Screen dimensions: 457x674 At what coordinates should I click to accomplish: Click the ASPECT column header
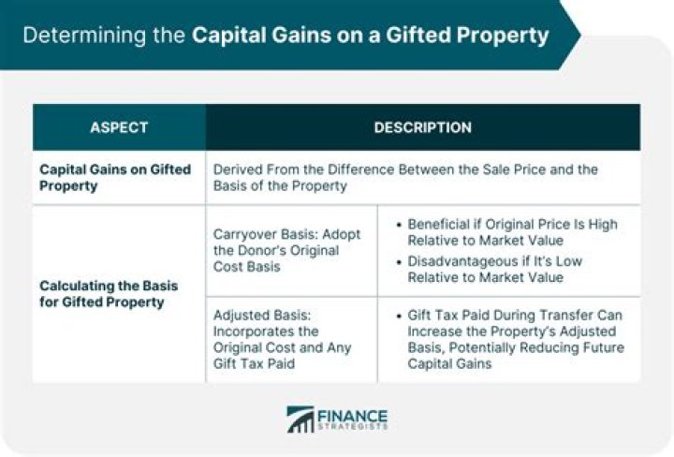(x=119, y=127)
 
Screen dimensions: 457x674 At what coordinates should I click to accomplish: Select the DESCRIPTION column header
(x=422, y=127)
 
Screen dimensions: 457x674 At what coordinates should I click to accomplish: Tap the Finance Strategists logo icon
(x=300, y=420)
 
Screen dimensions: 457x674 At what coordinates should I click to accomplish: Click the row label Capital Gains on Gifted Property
(x=114, y=178)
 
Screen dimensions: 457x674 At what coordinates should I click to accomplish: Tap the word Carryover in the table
(x=245, y=233)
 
